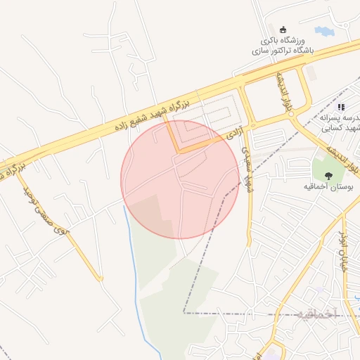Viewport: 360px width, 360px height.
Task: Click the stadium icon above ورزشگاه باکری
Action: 284,30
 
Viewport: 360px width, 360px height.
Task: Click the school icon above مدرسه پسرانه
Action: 341,107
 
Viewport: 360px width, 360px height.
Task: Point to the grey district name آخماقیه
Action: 317,313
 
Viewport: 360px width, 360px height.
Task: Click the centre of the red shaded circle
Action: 181,179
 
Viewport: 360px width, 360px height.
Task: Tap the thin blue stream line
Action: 134,281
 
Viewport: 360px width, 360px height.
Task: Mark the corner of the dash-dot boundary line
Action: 184,312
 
